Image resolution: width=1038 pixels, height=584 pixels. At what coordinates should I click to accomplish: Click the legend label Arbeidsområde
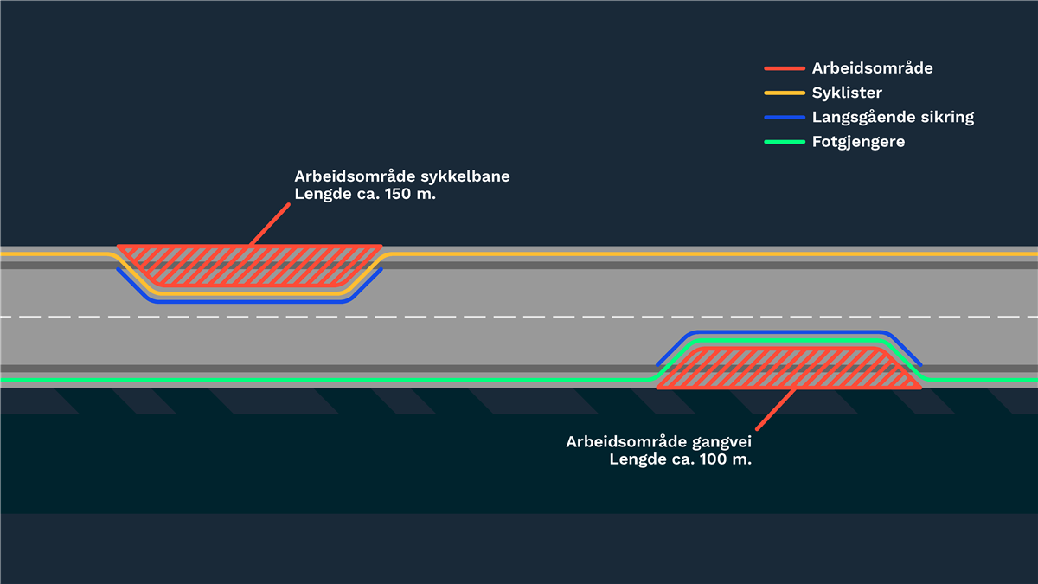[872, 68]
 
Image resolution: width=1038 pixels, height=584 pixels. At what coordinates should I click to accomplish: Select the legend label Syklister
[847, 93]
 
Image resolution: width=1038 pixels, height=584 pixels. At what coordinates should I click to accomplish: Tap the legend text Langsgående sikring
[893, 117]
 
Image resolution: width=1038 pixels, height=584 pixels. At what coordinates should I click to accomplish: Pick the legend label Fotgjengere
[858, 141]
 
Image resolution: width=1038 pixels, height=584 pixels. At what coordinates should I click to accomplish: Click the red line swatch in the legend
[785, 68]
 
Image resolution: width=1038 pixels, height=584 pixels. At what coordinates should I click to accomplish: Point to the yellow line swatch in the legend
[785, 93]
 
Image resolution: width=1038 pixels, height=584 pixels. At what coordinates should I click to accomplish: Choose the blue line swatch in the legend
[785, 117]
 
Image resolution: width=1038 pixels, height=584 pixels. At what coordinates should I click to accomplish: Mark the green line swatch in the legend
[785, 141]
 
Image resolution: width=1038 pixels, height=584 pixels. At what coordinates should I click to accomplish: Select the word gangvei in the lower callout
[720, 441]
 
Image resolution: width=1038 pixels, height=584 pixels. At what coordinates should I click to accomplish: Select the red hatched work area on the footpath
[787, 369]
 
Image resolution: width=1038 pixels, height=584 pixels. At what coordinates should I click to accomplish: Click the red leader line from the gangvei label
[776, 408]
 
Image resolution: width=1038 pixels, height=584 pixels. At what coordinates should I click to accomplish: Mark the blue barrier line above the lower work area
[787, 333]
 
